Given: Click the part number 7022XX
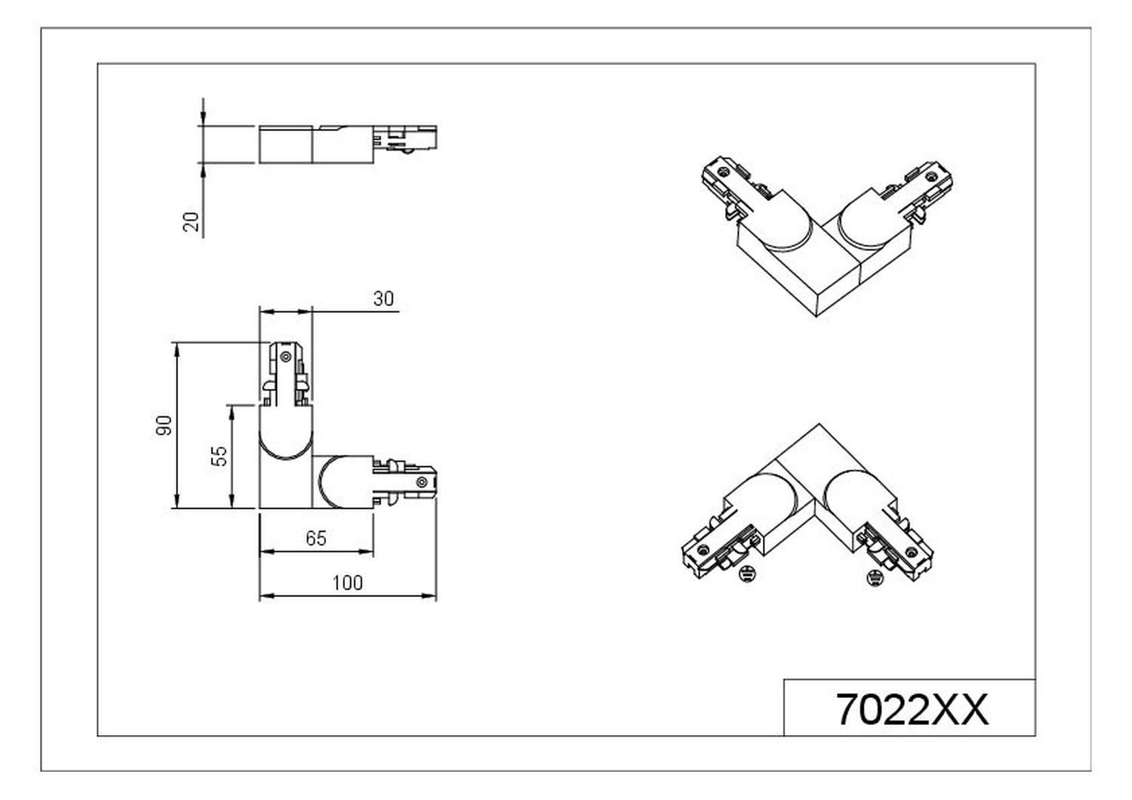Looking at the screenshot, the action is click(912, 710).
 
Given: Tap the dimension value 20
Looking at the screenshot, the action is click(192, 221).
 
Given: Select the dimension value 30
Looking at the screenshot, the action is click(383, 299).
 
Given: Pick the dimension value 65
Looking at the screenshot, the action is click(316, 539).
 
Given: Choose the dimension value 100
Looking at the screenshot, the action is click(348, 583).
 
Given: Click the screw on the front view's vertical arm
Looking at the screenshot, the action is click(285, 357).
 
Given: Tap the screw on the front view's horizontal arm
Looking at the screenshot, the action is click(420, 482).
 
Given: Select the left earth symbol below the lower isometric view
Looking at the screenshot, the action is click(747, 574).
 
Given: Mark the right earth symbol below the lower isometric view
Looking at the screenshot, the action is click(875, 576).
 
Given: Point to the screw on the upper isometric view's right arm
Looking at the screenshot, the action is click(931, 176).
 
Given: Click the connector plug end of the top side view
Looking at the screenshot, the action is click(405, 138).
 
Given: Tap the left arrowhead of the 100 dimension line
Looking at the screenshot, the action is click(266, 596).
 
